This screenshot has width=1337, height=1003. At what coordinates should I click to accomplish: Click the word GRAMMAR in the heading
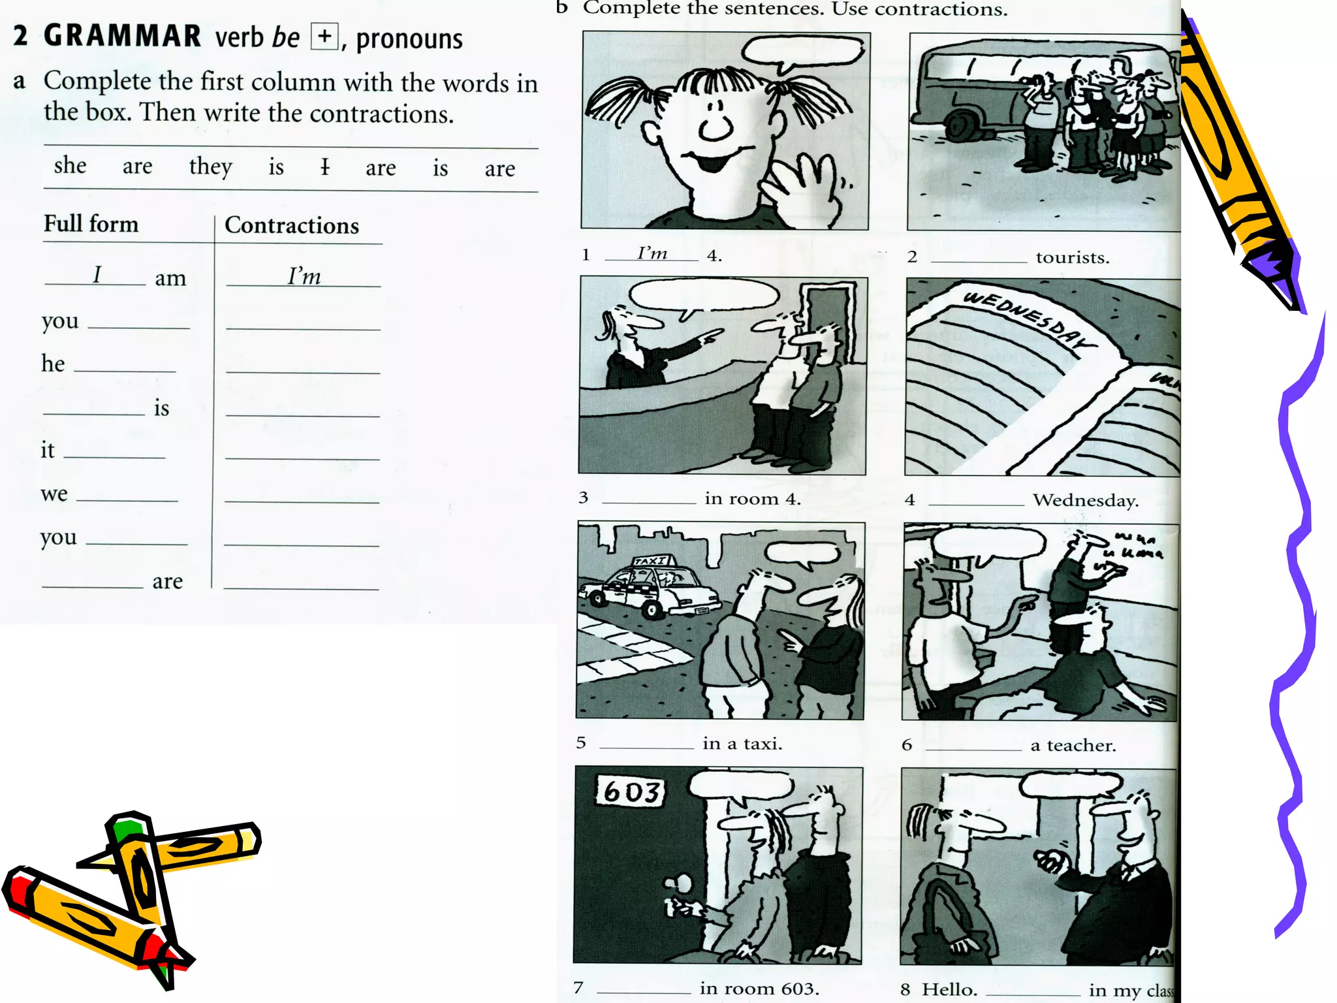[x=122, y=36]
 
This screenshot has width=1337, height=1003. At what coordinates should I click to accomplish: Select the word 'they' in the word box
[x=210, y=167]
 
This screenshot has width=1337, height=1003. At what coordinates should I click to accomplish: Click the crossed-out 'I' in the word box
[x=324, y=167]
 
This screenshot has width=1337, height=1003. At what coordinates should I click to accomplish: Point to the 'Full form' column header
[x=91, y=224]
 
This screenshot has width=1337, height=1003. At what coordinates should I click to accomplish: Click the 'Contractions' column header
[x=292, y=226]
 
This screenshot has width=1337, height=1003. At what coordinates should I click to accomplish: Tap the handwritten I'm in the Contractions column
[x=304, y=276]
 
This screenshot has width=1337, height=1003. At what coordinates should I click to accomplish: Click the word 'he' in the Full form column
[x=53, y=364]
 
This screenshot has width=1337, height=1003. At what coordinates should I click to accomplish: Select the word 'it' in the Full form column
[x=47, y=450]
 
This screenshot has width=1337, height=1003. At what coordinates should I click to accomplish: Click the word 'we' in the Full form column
[x=54, y=494]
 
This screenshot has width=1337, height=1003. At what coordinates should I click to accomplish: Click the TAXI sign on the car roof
[x=652, y=561]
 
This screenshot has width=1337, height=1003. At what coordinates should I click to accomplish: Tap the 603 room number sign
[x=630, y=791]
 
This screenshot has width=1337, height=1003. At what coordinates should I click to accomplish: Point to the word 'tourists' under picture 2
[x=1072, y=257]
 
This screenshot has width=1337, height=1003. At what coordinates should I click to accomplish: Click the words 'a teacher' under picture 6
[x=1073, y=745]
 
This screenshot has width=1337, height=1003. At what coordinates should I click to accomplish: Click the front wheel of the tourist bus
[x=960, y=126]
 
